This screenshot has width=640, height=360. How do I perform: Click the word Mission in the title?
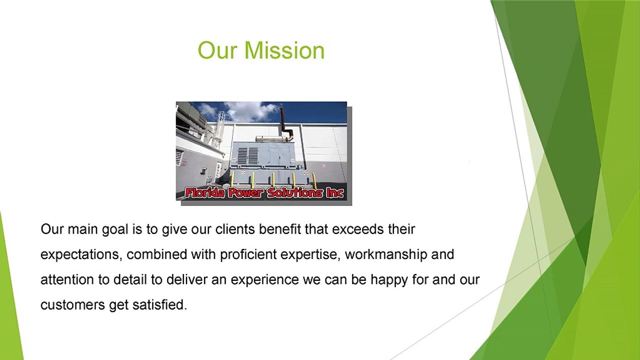tap(284, 50)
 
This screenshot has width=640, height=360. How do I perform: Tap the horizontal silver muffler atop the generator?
tap(271, 138)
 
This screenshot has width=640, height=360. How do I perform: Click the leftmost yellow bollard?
tap(232, 179)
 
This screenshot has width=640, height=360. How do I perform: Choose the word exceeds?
tap(357, 229)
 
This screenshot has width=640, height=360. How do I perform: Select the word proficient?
tap(248, 255)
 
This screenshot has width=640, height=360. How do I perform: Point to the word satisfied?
tap(159, 305)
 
